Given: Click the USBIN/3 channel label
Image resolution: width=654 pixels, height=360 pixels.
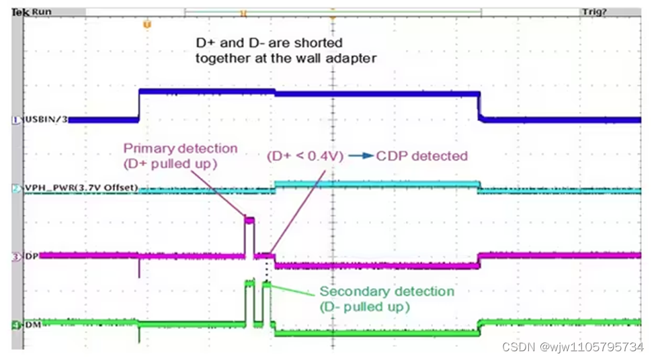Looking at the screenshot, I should [45, 120].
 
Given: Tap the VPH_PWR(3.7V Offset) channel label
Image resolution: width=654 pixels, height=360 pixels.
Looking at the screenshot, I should [80, 188].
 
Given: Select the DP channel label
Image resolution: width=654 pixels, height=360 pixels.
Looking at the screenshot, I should [31, 256].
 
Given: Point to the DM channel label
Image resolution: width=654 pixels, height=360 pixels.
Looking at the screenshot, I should [32, 325].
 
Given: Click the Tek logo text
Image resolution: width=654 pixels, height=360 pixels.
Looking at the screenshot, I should [20, 12].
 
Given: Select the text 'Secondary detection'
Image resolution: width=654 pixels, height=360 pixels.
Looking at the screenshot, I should [386, 291].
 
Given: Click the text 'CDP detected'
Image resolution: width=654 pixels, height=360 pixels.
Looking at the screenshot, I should [421, 156].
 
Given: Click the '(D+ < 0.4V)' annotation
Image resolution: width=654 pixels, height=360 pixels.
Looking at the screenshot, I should [305, 156].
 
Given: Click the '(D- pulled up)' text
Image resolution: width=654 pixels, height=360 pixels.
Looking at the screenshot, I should [365, 306].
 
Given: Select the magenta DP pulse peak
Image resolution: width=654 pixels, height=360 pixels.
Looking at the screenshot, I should [249, 220].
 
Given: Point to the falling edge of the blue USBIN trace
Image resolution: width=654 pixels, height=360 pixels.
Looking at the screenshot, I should [480, 106].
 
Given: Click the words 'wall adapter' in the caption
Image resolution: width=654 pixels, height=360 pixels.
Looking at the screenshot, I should [338, 58].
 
